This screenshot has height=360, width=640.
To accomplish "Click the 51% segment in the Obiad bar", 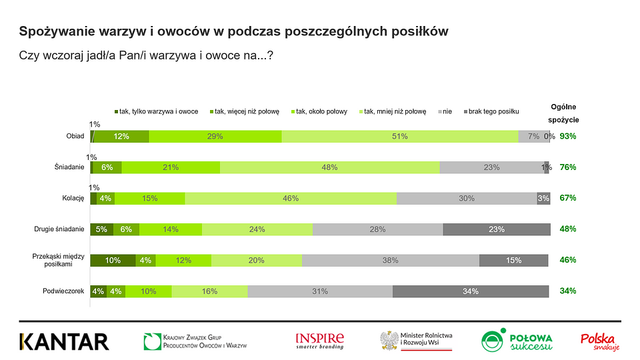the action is (400, 136).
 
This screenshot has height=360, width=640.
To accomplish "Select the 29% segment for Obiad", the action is (215, 136).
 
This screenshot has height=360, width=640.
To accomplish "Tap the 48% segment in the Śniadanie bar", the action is (330, 167).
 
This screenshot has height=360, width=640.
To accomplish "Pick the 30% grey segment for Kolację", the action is (467, 199).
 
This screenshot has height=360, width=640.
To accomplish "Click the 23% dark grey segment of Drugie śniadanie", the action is (497, 229).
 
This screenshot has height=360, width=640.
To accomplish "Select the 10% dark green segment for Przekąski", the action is (113, 261).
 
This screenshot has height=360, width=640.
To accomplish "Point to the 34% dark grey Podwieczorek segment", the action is (471, 291).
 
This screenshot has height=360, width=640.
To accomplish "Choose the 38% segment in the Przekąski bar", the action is (391, 261).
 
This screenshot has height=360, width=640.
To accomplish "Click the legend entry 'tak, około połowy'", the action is (319, 111).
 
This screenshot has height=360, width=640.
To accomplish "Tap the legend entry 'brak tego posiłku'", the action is (491, 111).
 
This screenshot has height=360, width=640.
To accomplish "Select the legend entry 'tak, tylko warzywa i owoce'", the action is (156, 111).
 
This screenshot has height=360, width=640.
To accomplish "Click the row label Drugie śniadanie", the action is (59, 229).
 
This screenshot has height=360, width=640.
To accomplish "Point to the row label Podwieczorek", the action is (63, 291).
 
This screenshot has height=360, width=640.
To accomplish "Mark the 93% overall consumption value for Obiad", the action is (568, 136).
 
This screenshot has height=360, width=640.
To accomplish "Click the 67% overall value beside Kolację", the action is (568, 198).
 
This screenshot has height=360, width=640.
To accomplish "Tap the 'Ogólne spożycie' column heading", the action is (564, 113).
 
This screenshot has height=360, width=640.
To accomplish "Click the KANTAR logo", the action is (64, 342).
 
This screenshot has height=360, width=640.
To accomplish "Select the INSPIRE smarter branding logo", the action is (320, 341).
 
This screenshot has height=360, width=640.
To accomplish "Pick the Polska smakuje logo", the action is (600, 342).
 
